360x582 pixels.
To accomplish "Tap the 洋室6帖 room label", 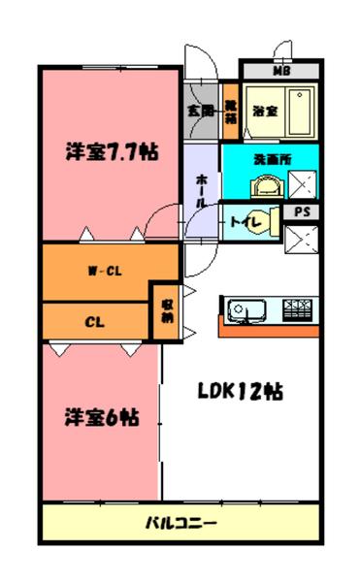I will pyautogui.click(x=101, y=418).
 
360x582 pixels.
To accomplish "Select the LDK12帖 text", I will pyautogui.click(x=241, y=393).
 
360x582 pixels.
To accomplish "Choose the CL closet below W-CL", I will pyautogui.click(x=94, y=320).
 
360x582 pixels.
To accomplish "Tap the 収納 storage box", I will pyautogui.click(x=166, y=310).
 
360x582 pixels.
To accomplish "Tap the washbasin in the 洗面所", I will pyautogui.click(x=264, y=183).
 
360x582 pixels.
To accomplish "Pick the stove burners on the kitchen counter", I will pyautogui.click(x=297, y=310).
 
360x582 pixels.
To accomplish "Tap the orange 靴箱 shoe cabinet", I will pyautogui.click(x=231, y=109).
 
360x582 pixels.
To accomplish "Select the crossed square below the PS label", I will pyautogui.click(x=302, y=238).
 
